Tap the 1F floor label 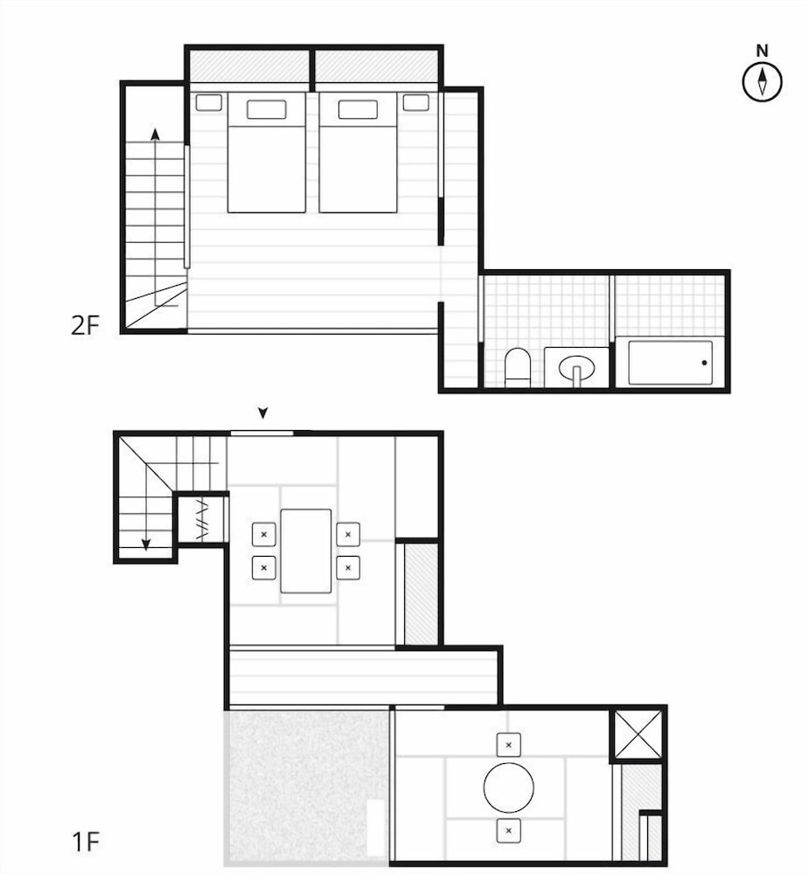86,843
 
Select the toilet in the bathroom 518,367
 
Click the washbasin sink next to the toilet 575,366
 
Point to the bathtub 670,363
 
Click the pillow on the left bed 267,109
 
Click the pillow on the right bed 358,109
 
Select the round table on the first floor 508,787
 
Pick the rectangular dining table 306,551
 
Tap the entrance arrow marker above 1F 262,413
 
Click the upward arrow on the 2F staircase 155,135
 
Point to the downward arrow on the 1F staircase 146,544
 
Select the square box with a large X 638,735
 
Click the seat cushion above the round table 509,745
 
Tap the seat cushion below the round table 509,830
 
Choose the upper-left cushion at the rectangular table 264,533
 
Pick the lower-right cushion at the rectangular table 348,567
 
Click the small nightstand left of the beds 208,102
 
